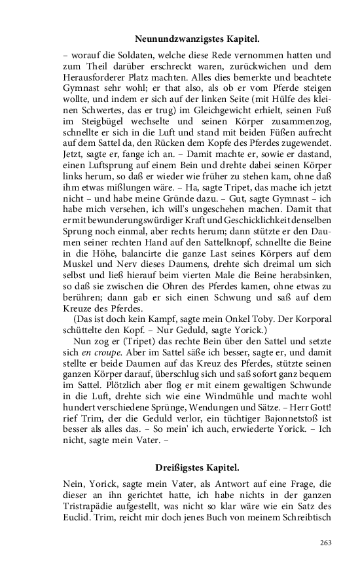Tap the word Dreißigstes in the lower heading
click(x=179, y=468)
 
